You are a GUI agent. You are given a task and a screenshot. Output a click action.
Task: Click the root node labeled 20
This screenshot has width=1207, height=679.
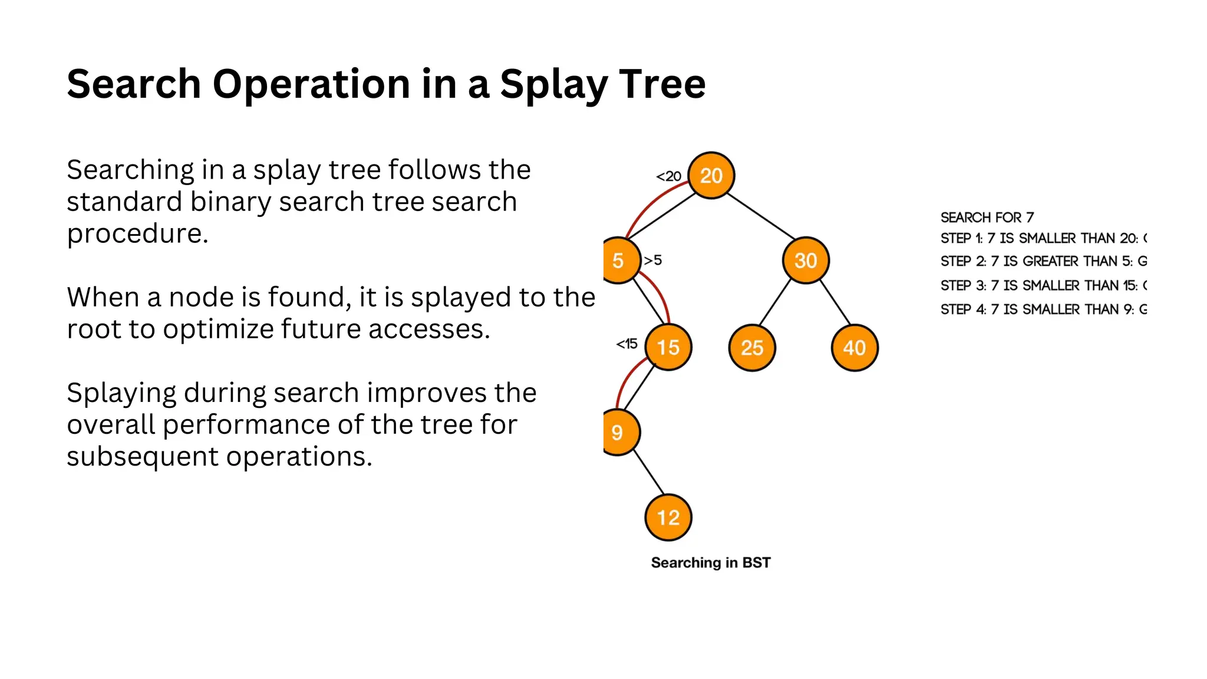tap(711, 176)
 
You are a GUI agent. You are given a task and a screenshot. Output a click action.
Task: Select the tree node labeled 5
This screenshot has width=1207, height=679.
tap(619, 261)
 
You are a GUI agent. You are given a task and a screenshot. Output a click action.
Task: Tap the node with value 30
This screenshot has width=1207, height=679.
tap(805, 261)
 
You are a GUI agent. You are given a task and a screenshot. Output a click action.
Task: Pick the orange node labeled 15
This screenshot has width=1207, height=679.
tap(668, 347)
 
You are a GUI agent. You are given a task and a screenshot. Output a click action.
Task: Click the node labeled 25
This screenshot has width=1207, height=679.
tap(752, 348)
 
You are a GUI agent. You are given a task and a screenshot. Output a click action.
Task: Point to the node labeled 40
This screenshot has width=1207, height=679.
tap(855, 348)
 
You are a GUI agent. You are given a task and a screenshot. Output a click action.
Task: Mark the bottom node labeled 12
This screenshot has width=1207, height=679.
tap(668, 518)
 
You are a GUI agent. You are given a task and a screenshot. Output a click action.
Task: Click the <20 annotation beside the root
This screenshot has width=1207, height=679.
tap(669, 176)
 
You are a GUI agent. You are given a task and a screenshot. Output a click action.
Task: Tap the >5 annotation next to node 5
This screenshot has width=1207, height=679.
tap(653, 260)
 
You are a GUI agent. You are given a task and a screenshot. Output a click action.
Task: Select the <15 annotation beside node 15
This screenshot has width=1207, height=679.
tap(627, 344)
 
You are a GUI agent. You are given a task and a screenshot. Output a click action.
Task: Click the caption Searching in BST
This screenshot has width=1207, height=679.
tap(711, 563)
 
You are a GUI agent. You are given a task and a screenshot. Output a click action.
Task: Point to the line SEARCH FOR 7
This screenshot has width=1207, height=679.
tap(987, 217)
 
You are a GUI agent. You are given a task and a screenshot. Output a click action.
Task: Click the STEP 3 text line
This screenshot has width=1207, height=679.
tap(1043, 286)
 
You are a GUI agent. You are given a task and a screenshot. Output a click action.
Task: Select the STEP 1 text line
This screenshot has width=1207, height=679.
tap(1043, 238)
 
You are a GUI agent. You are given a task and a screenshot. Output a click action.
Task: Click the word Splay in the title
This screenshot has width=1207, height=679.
tap(554, 84)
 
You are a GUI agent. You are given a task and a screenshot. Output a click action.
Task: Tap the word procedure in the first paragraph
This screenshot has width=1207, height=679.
tap(137, 234)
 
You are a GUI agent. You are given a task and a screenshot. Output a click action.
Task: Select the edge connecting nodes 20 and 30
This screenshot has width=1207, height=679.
tap(761, 216)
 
